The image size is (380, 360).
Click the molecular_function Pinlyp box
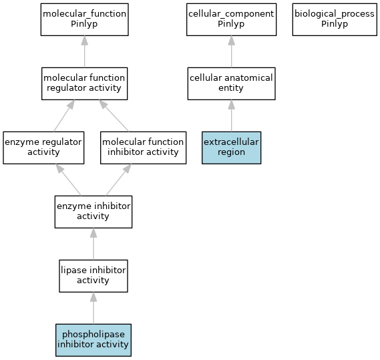click(85, 19)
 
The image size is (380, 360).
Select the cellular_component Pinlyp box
click(232, 19)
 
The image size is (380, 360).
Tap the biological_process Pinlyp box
click(335, 19)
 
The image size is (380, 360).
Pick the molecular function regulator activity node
click(85, 83)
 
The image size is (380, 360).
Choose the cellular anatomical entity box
click(232, 83)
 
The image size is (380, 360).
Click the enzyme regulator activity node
click(43, 148)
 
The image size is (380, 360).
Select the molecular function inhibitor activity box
click(143, 148)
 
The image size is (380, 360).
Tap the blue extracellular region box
click(232, 148)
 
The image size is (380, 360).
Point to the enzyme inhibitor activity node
click(93, 212)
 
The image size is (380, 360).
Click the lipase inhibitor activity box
click(93, 276)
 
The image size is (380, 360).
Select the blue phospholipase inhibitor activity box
click(93, 340)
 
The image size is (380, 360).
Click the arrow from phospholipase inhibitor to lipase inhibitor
click(93, 308)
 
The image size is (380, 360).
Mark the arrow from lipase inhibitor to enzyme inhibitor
click(93, 244)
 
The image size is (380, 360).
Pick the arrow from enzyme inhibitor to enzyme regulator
click(68, 180)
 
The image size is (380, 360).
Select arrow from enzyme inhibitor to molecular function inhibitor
click(119, 180)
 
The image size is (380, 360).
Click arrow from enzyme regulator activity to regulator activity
click(64, 116)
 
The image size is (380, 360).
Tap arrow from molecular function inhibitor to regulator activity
click(114, 116)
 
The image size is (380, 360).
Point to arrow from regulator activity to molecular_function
click(85, 51)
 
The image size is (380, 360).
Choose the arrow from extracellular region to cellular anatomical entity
click(232, 116)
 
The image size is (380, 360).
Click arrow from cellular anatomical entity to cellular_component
click(232, 51)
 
